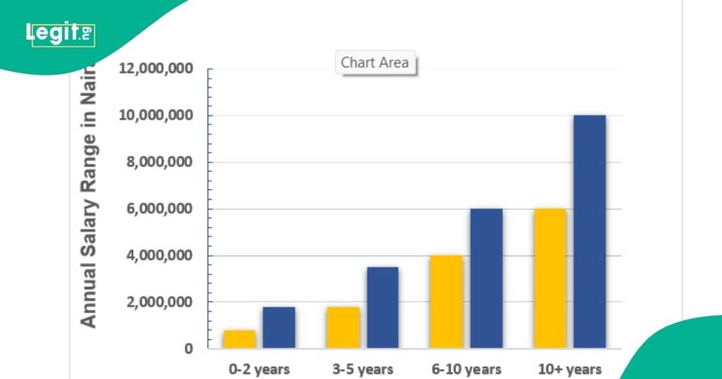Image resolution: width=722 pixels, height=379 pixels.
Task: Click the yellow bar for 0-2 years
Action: click(x=240, y=339)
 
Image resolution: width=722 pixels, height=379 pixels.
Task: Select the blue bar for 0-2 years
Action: click(x=278, y=327)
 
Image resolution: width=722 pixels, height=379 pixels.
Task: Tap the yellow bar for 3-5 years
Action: click(x=343, y=327)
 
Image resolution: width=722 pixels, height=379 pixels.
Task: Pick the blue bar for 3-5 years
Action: click(x=382, y=307)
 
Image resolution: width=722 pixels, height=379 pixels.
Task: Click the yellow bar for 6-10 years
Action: click(x=447, y=302)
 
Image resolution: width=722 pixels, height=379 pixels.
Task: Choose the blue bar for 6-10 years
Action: click(x=486, y=278)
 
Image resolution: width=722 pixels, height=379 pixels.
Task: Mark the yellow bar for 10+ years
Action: click(x=551, y=278)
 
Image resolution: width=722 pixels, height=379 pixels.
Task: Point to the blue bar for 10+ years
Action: click(x=590, y=232)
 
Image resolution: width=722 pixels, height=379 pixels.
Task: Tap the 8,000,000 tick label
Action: click(x=160, y=162)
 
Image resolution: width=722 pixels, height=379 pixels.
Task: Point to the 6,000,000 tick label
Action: click(x=160, y=209)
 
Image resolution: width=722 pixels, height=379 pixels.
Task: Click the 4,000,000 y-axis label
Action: click(x=160, y=256)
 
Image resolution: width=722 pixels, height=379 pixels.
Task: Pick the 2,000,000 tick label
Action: click(x=160, y=302)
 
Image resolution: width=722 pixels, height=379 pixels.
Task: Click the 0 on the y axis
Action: click(x=188, y=349)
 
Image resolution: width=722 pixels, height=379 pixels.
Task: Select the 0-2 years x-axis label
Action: click(x=259, y=369)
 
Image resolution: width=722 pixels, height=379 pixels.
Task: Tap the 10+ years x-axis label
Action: click(x=570, y=369)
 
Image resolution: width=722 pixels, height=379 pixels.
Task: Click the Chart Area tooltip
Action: click(x=375, y=63)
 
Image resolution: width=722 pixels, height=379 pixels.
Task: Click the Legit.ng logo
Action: click(x=61, y=33)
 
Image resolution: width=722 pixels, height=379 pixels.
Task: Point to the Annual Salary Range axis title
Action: click(x=88, y=193)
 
